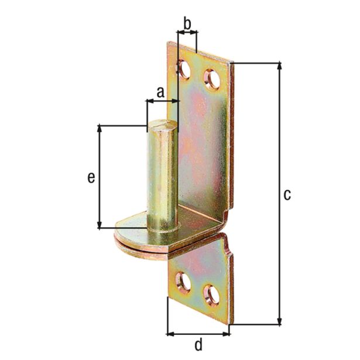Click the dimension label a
coord(160,92)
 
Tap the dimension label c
coord(287,195)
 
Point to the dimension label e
coord(91,178)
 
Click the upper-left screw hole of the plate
coord(184,69)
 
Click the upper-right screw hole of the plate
coord(212,80)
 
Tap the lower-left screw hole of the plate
coord(183,283)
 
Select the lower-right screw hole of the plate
coord(211,296)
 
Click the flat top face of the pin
coord(163,125)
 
